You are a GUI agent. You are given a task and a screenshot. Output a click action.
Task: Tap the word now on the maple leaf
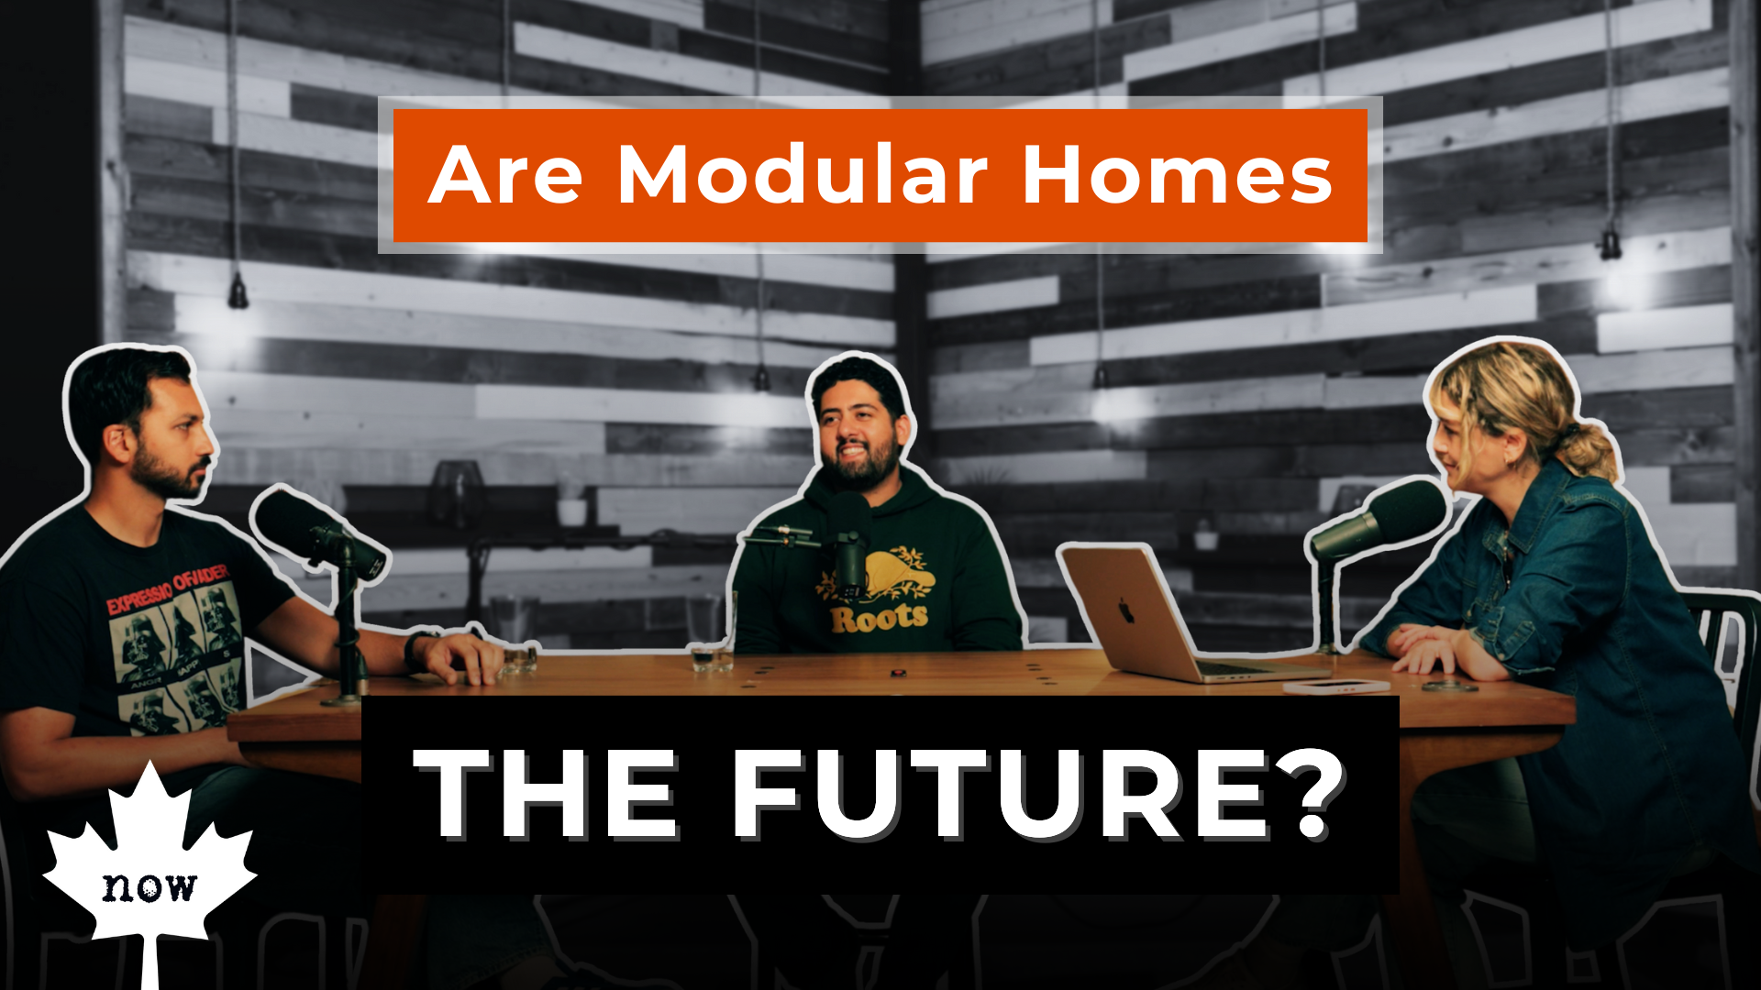(x=149, y=885)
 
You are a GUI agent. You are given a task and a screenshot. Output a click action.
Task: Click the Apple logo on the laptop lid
(x=1125, y=610)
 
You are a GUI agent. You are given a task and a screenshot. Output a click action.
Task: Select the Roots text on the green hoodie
(x=879, y=619)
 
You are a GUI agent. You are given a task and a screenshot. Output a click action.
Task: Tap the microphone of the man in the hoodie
(x=849, y=541)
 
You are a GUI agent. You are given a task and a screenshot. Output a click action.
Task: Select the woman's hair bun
(x=1591, y=449)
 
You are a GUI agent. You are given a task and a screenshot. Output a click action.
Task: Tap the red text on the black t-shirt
(x=166, y=591)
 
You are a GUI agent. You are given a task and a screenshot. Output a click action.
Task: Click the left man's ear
(x=116, y=443)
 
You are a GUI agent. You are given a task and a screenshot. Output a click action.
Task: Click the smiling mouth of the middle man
(x=851, y=451)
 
